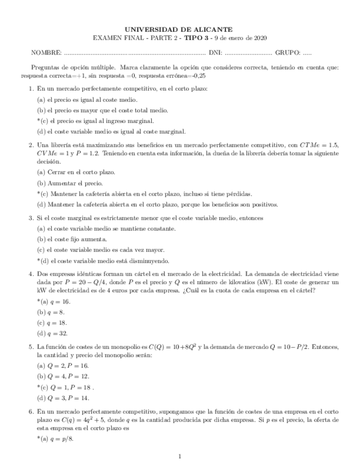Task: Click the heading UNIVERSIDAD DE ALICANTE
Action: (x=179, y=29)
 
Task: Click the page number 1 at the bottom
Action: (x=180, y=456)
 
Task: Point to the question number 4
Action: (x=31, y=273)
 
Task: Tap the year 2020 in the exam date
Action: (x=259, y=38)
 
